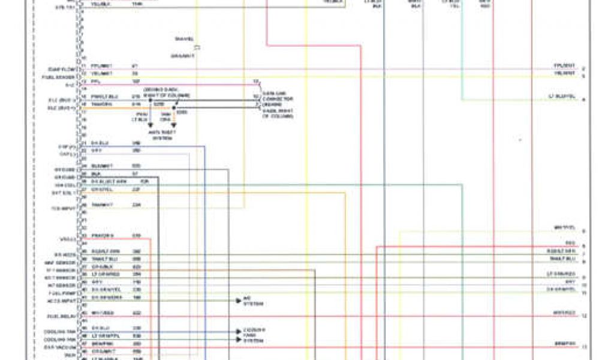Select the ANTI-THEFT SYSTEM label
coord(162,136)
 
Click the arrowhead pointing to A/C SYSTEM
coord(239,298)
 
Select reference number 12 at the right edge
coord(583,315)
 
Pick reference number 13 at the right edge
coord(583,346)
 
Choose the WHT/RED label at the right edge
coord(564,313)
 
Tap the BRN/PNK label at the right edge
coord(565,344)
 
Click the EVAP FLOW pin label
coord(61,69)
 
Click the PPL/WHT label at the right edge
coord(564,65)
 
